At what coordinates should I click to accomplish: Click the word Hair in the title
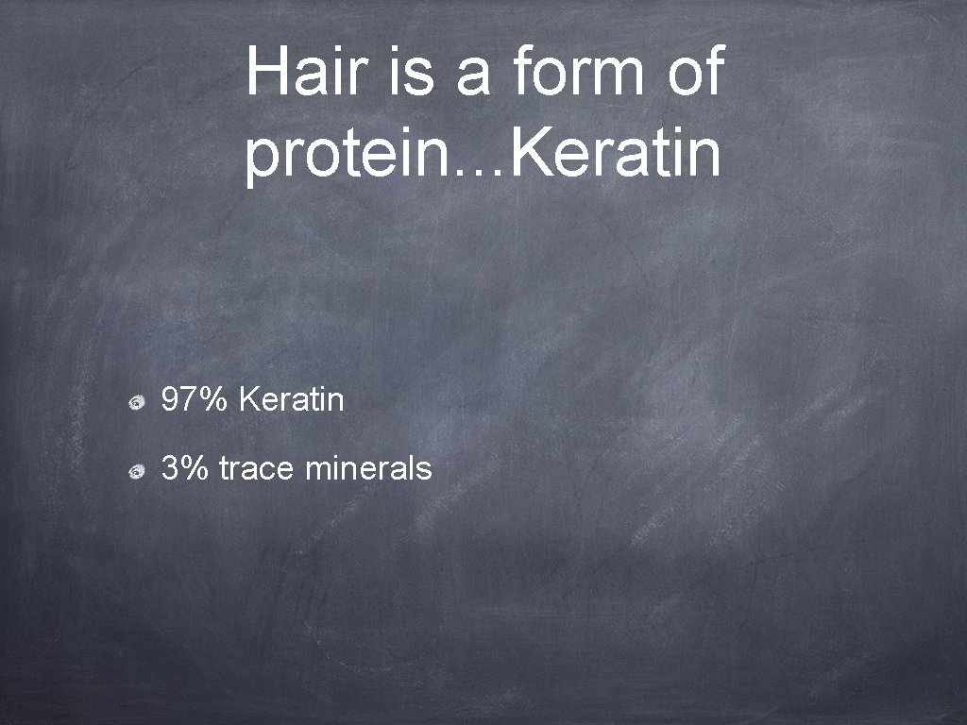click(306, 74)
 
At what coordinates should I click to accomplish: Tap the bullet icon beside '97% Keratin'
click(137, 403)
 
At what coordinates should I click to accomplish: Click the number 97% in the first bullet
click(195, 400)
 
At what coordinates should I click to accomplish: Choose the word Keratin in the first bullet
click(292, 400)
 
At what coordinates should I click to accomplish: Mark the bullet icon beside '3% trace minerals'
click(137, 469)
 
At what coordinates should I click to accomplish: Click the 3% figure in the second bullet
click(184, 467)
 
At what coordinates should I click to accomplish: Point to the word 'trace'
click(257, 468)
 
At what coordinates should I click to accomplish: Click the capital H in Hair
click(267, 74)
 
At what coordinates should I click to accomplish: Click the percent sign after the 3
click(195, 467)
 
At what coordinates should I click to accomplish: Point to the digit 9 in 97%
click(171, 400)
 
